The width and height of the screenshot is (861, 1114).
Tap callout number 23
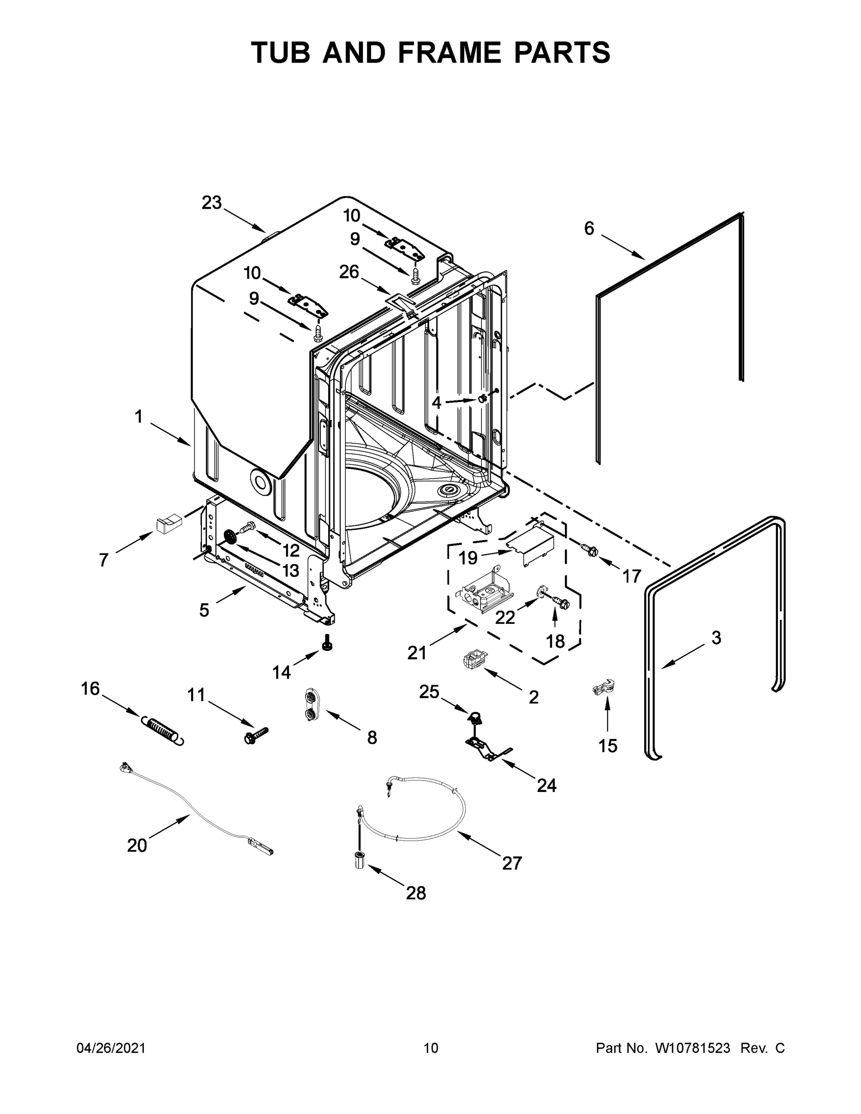(212, 203)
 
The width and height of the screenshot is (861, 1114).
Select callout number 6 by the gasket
(589, 228)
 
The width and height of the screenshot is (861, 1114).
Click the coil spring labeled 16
(162, 730)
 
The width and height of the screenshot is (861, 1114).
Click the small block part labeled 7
(168, 524)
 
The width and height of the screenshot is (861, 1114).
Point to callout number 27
(511, 862)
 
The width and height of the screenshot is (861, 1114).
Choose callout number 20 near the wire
(137, 845)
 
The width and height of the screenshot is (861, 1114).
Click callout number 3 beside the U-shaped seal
(716, 638)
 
